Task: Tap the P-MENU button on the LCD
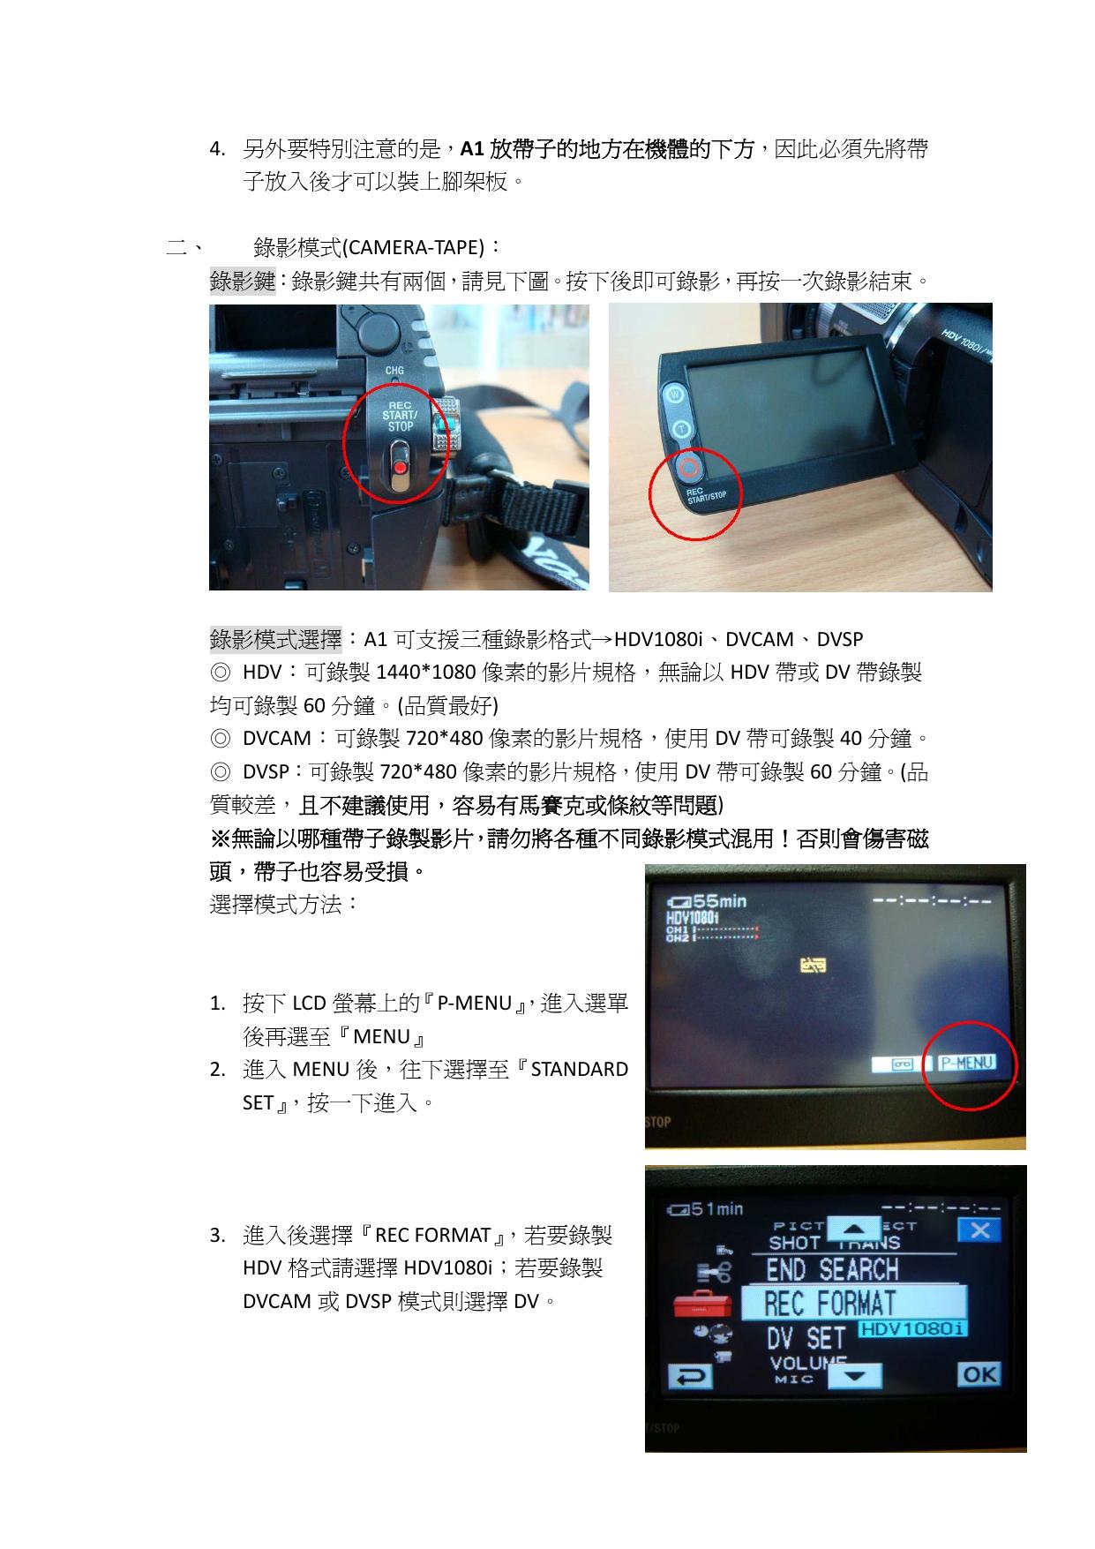coord(966,1063)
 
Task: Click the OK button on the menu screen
coord(979,1374)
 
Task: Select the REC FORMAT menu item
coord(852,1303)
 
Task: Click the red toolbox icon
coord(700,1305)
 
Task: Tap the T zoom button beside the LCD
coord(681,430)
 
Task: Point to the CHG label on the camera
coord(394,371)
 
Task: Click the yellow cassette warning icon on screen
coord(813,966)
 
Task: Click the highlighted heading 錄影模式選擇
coord(275,638)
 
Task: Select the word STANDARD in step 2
coord(580,1069)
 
